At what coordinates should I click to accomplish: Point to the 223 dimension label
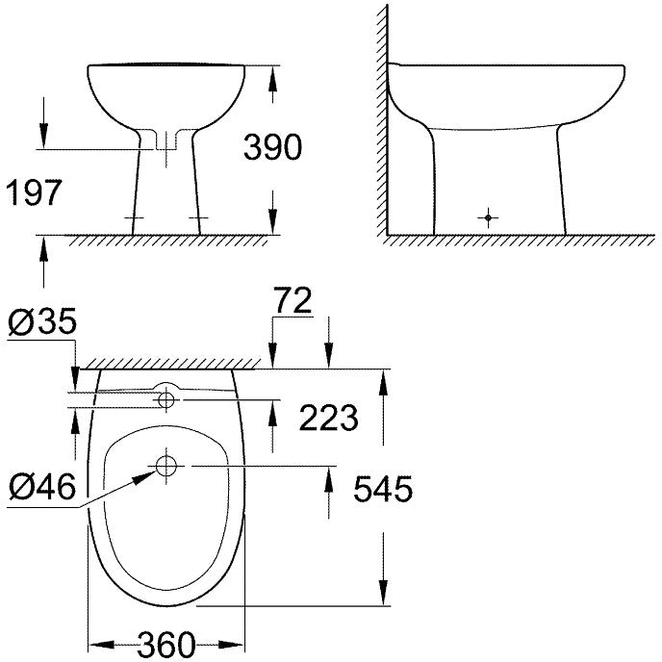329,417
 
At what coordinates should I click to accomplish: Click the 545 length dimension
381,489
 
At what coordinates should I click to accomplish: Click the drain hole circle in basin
166,467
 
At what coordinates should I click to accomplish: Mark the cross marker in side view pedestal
490,217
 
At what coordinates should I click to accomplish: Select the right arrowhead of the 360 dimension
240,643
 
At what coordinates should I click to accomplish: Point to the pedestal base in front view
166,223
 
